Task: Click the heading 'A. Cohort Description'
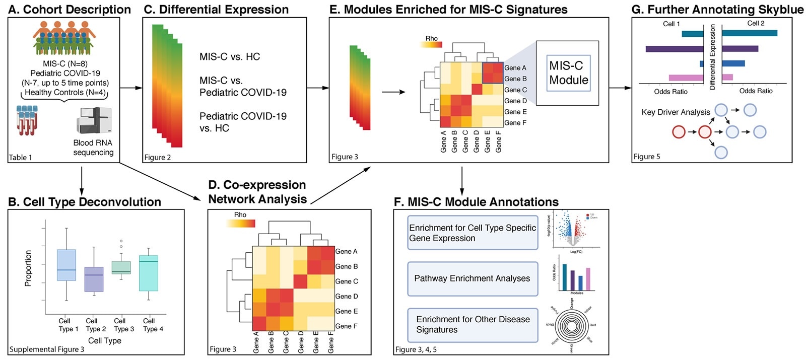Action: click(x=70, y=10)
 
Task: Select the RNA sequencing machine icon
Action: click(x=94, y=120)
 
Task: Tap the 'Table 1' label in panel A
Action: click(x=21, y=158)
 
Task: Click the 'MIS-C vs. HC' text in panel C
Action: click(x=230, y=57)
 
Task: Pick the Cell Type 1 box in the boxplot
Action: click(x=66, y=265)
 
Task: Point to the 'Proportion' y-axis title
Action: click(x=28, y=268)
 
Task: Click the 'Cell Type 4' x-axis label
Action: click(x=153, y=325)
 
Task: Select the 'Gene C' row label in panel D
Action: click(x=347, y=281)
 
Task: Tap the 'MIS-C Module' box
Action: click(x=568, y=73)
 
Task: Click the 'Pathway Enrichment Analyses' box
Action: click(x=472, y=278)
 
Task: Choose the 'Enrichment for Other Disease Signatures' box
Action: click(x=472, y=325)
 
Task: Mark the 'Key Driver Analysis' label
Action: click(x=676, y=112)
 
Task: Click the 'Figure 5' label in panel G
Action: click(x=647, y=157)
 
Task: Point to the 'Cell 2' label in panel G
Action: click(x=756, y=23)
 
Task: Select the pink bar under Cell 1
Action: click(x=686, y=78)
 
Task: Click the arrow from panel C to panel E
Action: click(x=317, y=88)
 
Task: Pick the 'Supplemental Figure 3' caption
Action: click(x=47, y=349)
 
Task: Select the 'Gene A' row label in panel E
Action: click(x=515, y=68)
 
